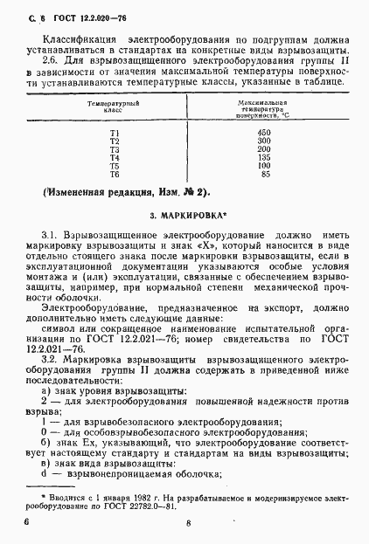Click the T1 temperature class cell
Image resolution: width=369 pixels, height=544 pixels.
pos(114,131)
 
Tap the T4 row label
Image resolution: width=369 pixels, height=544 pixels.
pos(114,157)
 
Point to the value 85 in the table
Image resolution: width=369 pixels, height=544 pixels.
pos(264,174)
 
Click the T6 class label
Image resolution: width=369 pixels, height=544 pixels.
pos(114,174)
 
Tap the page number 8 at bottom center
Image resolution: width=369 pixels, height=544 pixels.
pos(189,523)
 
